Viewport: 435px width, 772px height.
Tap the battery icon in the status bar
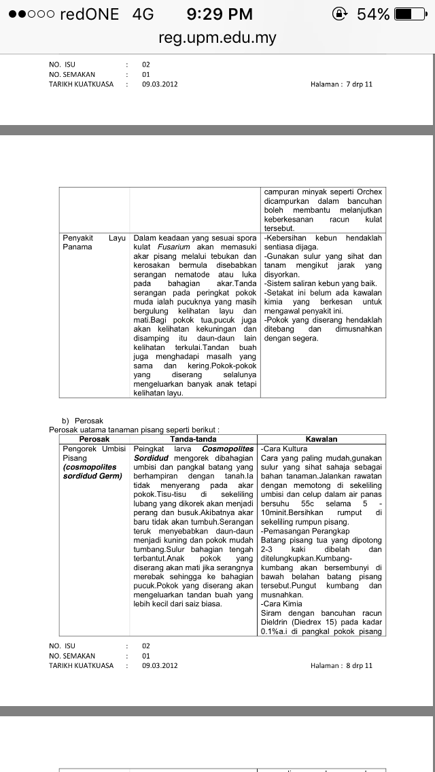tap(411, 14)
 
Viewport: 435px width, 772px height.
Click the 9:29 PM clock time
tap(220, 14)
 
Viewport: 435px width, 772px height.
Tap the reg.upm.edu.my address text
tap(217, 37)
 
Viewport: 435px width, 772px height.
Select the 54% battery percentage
tap(373, 14)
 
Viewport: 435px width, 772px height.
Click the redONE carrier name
tap(89, 14)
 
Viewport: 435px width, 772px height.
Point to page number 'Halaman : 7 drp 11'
tap(341, 84)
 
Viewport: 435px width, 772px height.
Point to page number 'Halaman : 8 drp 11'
tap(341, 665)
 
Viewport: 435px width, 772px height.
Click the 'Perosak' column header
tap(94, 439)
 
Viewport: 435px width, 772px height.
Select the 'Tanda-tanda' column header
tap(194, 439)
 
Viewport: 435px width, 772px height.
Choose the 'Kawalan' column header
tap(321, 439)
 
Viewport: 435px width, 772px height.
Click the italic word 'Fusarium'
tap(172, 247)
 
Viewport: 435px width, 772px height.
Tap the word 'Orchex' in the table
tap(368, 192)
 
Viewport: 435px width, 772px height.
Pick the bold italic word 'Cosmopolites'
tap(229, 449)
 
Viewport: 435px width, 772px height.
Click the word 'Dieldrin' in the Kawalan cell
tap(277, 622)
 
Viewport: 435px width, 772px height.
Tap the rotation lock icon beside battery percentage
tap(340, 14)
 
